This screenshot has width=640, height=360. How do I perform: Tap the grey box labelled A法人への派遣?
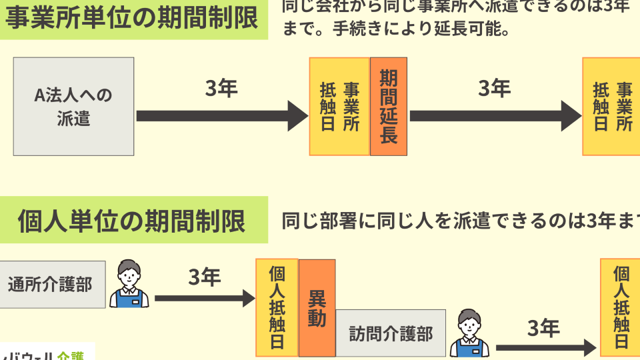(x=73, y=107)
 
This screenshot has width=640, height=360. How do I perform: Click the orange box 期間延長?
(x=388, y=107)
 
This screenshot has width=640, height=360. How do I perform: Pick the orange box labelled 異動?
(x=317, y=308)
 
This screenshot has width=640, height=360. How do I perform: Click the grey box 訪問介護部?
(x=391, y=334)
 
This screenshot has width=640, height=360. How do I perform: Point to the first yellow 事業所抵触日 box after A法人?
(x=339, y=107)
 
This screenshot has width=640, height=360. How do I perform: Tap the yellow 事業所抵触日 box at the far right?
(x=611, y=107)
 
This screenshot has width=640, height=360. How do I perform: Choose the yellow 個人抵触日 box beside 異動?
(x=277, y=307)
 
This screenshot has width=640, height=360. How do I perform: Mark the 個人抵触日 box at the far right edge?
(x=621, y=307)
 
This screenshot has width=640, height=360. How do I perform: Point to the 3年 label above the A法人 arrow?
(x=221, y=89)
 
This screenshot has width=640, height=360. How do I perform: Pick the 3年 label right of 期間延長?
(x=494, y=89)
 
